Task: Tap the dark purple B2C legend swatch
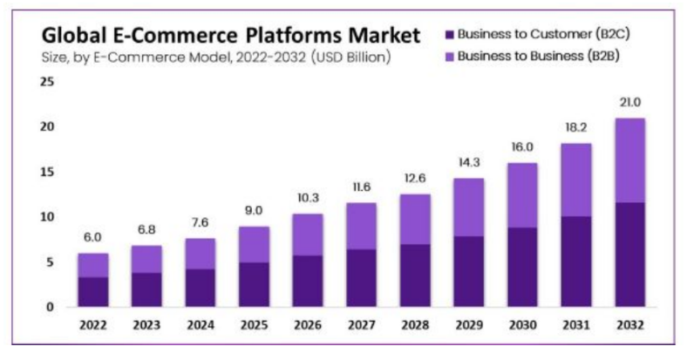pyautogui.click(x=449, y=35)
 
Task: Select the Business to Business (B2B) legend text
pyautogui.click(x=539, y=56)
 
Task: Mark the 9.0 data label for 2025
pyautogui.click(x=254, y=211)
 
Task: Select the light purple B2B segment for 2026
pyautogui.click(x=308, y=234)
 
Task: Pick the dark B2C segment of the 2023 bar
pyautogui.click(x=146, y=289)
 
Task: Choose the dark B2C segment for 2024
pyautogui.click(x=200, y=288)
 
